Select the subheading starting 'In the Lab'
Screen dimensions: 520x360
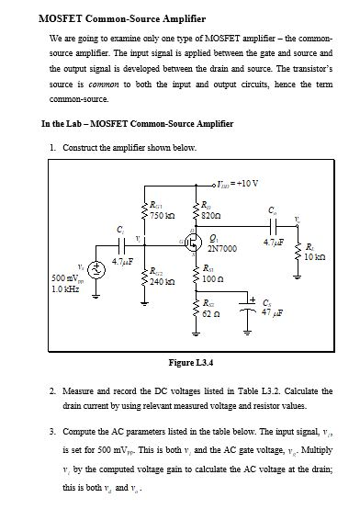138,123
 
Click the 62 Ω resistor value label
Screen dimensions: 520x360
211,313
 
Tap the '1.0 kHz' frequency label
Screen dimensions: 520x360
67,288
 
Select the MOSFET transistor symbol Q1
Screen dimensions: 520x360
193,243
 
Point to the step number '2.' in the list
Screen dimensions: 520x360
53,390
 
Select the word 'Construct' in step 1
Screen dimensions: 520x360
84,147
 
